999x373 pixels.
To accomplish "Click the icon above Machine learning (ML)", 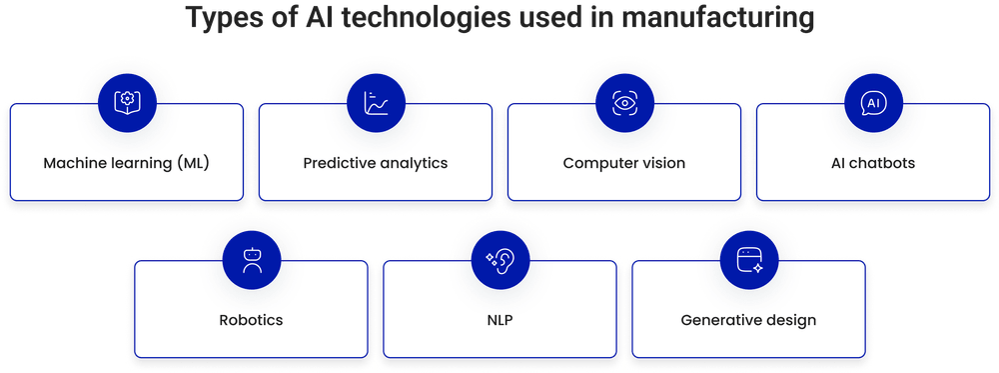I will pyautogui.click(x=126, y=102).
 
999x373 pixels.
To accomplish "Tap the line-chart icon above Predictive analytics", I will pyautogui.click(x=375, y=102).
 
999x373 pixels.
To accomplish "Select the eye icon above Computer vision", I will pyautogui.click(x=624, y=102).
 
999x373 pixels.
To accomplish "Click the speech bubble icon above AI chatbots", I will pyautogui.click(x=873, y=102).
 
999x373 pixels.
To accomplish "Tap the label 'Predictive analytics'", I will pyautogui.click(x=375, y=162).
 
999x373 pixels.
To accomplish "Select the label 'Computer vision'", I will pyautogui.click(x=624, y=162).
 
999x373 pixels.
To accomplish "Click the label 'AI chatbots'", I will pyautogui.click(x=873, y=162).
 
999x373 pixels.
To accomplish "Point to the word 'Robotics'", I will pyautogui.click(x=251, y=321).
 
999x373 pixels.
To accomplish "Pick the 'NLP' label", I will pyautogui.click(x=499, y=321).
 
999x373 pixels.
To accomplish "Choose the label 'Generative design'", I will pyautogui.click(x=749, y=321).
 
